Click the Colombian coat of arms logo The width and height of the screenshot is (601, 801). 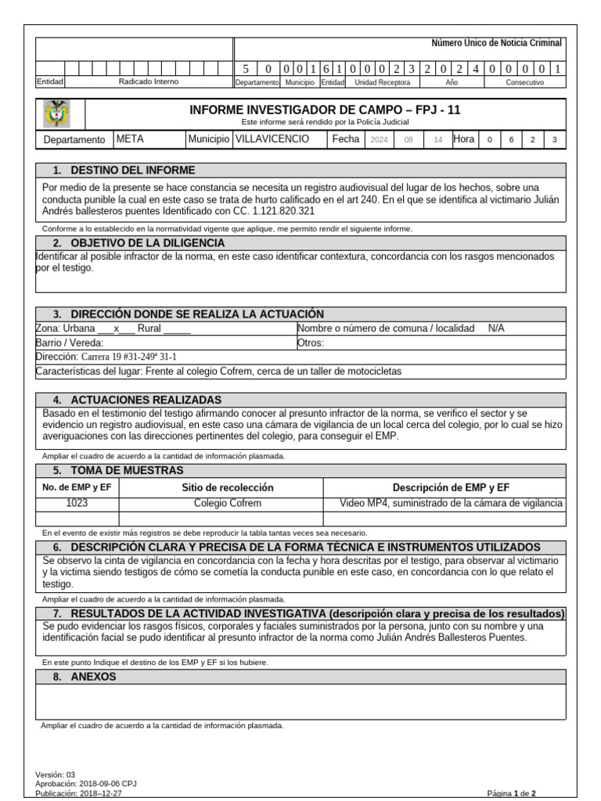pos(59,114)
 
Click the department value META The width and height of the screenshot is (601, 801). pos(130,139)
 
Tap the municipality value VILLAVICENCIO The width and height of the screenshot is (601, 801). pos(272,139)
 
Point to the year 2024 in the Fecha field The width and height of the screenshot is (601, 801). pos(379,140)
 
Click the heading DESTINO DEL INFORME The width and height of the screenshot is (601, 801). pos(132,171)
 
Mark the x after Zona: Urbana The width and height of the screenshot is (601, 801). pos(115,329)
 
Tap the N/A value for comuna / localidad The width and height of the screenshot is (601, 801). pos(496,329)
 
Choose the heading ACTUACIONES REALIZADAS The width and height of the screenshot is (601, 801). pos(146,400)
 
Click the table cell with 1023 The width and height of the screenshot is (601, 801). pos(77,503)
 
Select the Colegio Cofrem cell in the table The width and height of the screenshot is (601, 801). pos(228,503)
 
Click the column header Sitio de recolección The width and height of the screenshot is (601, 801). pos(228,487)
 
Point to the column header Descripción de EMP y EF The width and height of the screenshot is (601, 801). pos(451,487)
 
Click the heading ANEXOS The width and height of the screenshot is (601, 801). pos(93,677)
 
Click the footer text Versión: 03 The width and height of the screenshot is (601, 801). pos(56,774)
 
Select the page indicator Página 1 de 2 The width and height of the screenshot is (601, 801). pos(511,792)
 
